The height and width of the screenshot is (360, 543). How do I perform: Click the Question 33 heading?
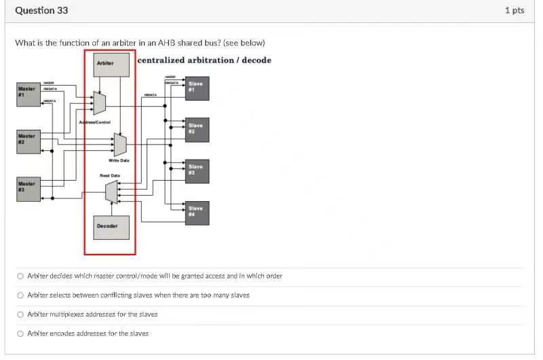click(x=41, y=10)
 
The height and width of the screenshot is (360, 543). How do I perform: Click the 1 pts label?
click(x=514, y=10)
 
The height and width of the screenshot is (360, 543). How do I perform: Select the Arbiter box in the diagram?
click(x=111, y=63)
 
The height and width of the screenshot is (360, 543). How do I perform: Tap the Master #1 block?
click(x=28, y=92)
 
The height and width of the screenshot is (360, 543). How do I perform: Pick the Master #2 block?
click(x=28, y=140)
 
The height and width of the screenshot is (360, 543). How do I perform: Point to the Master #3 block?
click(x=28, y=187)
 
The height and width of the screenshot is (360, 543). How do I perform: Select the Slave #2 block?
click(x=197, y=128)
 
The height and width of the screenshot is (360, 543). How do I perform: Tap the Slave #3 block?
click(x=197, y=170)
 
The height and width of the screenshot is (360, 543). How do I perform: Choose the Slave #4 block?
click(x=197, y=213)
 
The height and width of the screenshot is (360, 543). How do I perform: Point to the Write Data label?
click(x=119, y=160)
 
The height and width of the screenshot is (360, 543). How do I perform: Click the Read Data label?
click(x=110, y=175)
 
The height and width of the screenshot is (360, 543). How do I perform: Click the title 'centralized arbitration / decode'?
click(x=204, y=60)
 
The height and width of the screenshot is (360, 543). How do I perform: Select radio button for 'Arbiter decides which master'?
click(x=20, y=276)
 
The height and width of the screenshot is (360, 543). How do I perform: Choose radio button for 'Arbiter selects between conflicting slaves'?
click(x=20, y=295)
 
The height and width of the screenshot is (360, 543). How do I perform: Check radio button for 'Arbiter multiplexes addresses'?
click(x=20, y=314)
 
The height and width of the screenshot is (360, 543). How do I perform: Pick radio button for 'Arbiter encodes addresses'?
click(x=20, y=334)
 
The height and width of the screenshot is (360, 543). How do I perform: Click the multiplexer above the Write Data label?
click(x=120, y=144)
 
